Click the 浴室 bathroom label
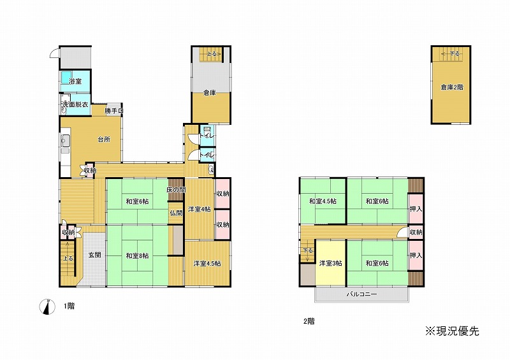point(75,82)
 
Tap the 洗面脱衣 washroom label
point(75,104)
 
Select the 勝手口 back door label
point(114,111)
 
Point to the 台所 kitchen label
point(104,140)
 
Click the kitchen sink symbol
point(66,141)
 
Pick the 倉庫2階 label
point(452,87)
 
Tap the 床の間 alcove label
point(176,190)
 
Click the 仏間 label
point(176,213)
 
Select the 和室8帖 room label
point(137,256)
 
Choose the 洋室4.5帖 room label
point(207,263)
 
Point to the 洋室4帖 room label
point(199,209)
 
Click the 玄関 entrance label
point(94,255)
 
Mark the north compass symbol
point(47,306)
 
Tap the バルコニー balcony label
point(361,294)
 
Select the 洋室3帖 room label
point(330,263)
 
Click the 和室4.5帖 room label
point(323,201)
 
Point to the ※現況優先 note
point(453,331)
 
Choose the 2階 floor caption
point(309,321)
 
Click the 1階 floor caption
point(69,306)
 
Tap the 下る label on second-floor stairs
point(307,250)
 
